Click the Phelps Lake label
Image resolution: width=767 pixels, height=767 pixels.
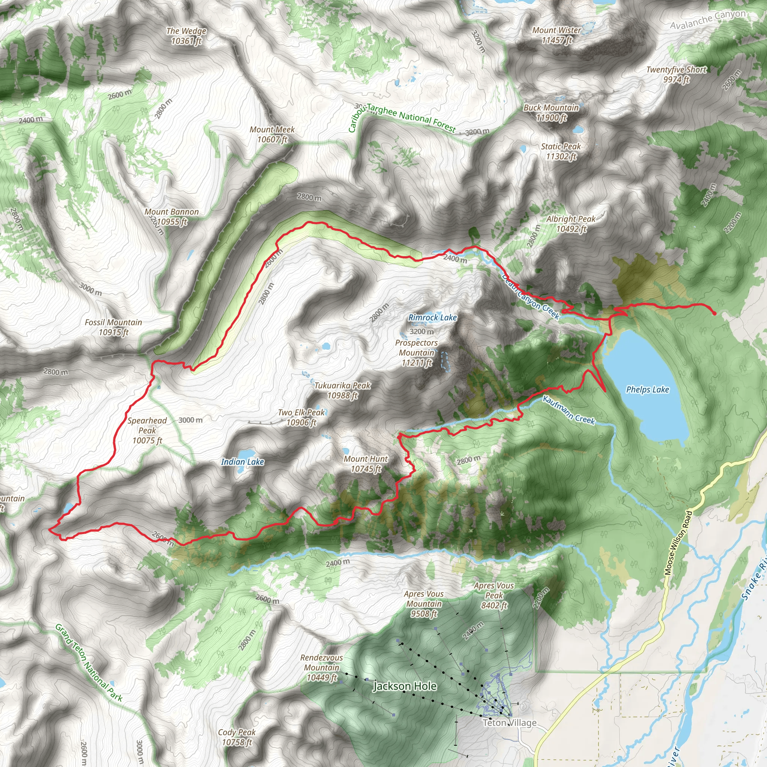[647, 389]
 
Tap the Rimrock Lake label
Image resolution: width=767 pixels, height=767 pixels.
[432, 318]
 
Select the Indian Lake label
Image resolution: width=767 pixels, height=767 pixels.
[242, 462]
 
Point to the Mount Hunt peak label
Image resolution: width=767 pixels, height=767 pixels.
[366, 464]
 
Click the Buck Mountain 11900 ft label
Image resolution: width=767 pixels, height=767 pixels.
[551, 113]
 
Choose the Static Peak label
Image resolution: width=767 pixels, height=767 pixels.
[561, 151]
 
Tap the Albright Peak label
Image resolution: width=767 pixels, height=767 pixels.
[571, 224]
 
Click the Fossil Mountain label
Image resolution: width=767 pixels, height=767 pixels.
[113, 327]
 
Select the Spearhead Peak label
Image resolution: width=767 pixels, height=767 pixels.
[147, 430]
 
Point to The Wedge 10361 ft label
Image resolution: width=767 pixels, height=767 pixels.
[186, 36]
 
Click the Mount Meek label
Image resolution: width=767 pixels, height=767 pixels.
[272, 134]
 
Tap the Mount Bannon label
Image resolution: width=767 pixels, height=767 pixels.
[172, 217]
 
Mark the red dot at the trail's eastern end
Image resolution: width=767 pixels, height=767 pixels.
[714, 313]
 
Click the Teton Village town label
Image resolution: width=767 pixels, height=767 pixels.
[509, 722]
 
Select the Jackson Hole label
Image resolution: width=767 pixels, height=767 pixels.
[404, 686]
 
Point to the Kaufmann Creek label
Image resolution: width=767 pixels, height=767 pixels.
[569, 410]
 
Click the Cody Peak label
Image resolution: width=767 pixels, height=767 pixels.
[237, 737]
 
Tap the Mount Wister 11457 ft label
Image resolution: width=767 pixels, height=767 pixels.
[557, 35]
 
